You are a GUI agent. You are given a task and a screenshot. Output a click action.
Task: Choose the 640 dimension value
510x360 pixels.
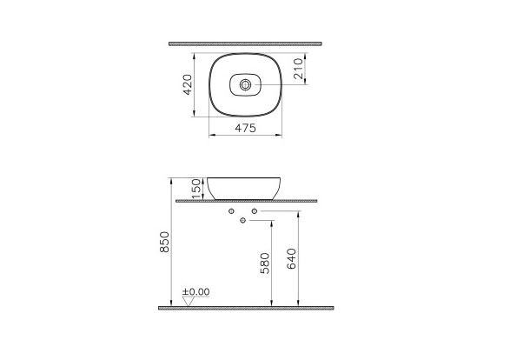click(x=292, y=260)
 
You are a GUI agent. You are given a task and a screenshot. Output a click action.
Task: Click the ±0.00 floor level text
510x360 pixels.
click(x=196, y=292)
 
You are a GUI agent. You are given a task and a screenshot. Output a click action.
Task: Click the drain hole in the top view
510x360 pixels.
click(x=248, y=85)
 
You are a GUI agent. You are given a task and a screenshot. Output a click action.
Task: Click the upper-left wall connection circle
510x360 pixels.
click(x=231, y=211)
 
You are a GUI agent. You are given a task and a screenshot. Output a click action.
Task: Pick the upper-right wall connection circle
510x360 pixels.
click(x=255, y=211)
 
